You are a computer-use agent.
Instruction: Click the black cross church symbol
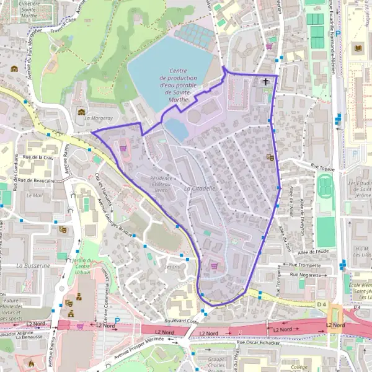[267, 81]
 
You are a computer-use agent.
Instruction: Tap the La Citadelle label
[200, 188]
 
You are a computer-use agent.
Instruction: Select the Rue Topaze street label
[322, 167]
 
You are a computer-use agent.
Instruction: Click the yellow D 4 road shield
[321, 304]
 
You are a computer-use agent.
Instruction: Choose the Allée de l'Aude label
[312, 251]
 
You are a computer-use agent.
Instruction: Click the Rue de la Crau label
[38, 158]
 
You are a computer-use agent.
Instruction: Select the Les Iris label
[172, 267]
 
